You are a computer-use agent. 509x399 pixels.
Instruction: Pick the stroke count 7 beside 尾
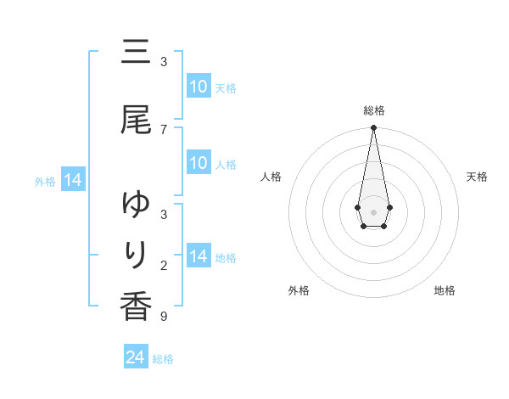coord(164,129)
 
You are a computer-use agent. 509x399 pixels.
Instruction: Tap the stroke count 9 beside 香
coord(164,317)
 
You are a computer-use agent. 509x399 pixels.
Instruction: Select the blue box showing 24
coord(136,357)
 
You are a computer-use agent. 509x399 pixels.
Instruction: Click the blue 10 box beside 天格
coord(198,87)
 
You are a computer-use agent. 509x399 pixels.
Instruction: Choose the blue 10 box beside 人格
coord(198,163)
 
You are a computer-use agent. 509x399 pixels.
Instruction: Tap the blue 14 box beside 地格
coord(198,256)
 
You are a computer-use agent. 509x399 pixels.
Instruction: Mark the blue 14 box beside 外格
coord(72,180)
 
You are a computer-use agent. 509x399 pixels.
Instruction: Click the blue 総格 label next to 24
coord(163,359)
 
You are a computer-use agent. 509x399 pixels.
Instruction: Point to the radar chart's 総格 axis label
coord(373,110)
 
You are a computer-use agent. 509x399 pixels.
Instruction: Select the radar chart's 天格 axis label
coord(477,177)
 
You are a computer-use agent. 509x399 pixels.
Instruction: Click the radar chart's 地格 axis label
coord(445,290)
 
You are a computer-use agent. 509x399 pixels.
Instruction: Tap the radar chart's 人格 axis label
coord(271,177)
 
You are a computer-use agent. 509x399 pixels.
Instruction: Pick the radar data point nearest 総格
coord(373,128)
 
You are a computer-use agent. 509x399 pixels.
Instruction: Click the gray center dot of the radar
coord(373,211)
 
